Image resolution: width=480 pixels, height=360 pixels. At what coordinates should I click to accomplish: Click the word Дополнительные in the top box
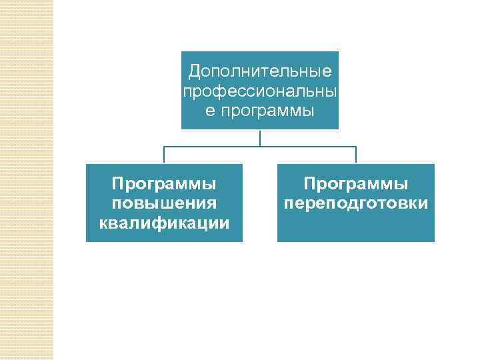[x=260, y=71]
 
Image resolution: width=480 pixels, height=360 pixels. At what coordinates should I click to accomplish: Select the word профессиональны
[x=260, y=90]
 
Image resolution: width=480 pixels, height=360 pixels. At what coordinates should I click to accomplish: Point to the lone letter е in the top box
[x=210, y=109]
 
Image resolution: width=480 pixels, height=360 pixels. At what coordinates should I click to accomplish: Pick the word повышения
[x=164, y=203]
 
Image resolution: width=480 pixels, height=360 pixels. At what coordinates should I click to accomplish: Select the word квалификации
[x=164, y=222]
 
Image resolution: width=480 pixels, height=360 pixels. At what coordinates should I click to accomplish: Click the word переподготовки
[x=356, y=203]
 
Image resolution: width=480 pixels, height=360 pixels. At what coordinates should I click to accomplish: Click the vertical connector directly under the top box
[x=260, y=137]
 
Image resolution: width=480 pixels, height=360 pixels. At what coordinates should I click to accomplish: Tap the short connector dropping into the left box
[x=164, y=155]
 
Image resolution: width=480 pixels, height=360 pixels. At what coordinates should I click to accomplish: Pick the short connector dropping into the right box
[x=356, y=155]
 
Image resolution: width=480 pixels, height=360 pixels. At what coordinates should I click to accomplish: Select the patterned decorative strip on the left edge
[x=27, y=180]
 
